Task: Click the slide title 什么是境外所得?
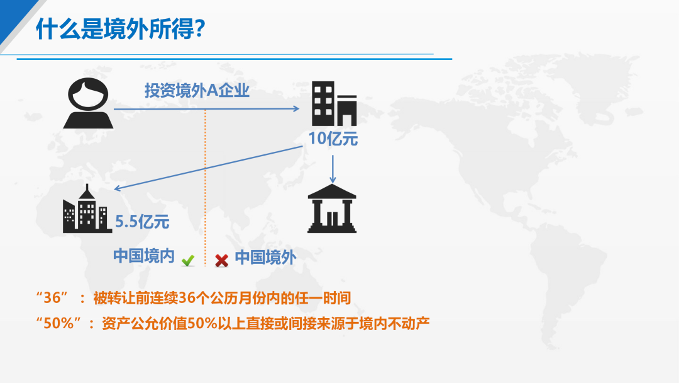(120, 28)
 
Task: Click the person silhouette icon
(89, 103)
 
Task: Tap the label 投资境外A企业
(197, 91)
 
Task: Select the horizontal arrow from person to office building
(207, 109)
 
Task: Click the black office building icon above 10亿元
(334, 103)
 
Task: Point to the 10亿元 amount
(333, 139)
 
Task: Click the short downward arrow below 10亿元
(333, 169)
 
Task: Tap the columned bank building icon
(332, 209)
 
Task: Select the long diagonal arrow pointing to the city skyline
(208, 168)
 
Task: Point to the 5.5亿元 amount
(142, 222)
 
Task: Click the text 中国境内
(144, 256)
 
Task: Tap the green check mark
(188, 261)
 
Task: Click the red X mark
(222, 261)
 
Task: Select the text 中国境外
(265, 258)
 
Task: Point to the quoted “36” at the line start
(52, 297)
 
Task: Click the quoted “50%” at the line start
(58, 323)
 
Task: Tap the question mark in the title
(200, 28)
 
